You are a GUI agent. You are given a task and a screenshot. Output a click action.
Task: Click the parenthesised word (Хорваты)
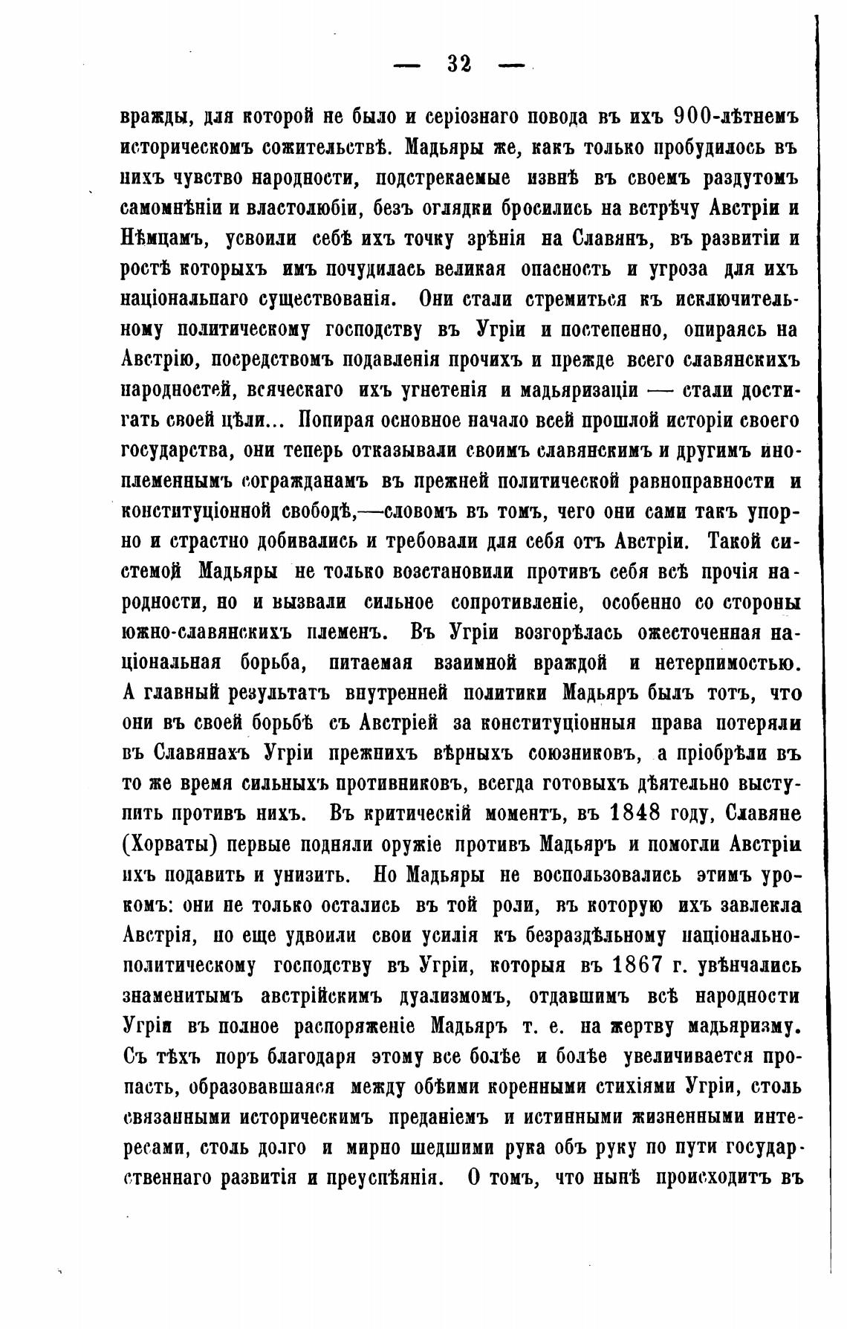(x=168, y=843)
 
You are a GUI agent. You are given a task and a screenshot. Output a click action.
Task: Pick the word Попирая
(x=333, y=421)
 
